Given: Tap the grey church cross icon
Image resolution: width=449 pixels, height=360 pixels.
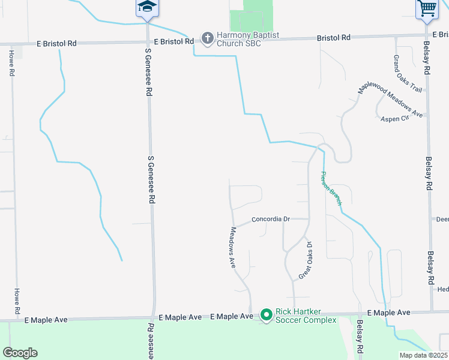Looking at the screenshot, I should [x=207, y=39].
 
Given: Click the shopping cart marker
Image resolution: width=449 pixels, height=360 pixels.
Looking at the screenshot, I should [x=426, y=8].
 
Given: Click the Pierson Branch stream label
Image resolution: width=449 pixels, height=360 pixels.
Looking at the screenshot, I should [x=331, y=189].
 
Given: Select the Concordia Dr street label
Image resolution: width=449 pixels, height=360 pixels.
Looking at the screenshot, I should [x=271, y=219].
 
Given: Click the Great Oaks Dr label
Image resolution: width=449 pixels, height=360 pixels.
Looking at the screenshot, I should [x=306, y=260].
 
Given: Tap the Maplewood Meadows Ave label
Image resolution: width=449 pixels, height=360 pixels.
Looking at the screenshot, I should [x=391, y=98].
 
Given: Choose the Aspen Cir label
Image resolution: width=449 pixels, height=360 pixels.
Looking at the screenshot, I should [x=394, y=119].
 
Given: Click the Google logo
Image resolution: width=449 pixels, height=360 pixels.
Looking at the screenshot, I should [x=20, y=353].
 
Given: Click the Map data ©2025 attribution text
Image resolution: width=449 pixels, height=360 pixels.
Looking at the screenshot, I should [x=424, y=355].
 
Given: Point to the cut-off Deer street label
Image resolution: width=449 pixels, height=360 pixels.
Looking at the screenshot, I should [x=442, y=220].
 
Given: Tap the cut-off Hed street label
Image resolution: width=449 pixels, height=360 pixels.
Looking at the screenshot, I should [x=443, y=289].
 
